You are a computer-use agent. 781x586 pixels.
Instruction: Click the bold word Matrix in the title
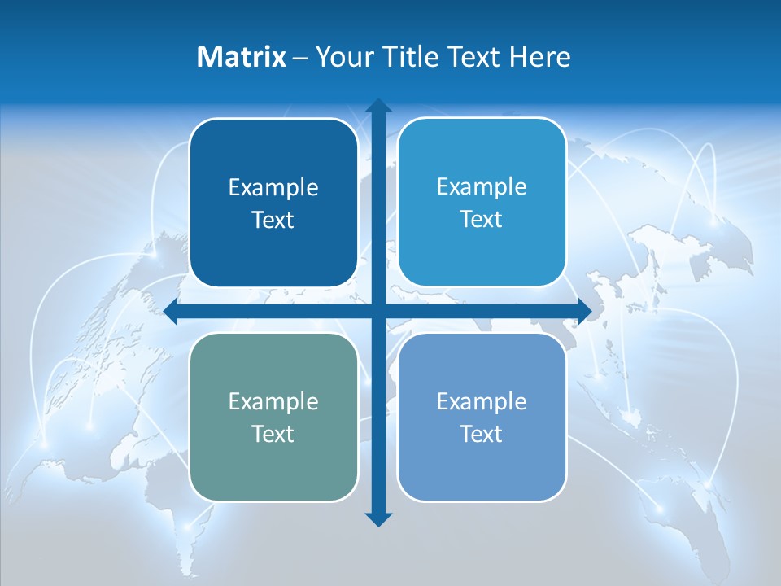(x=242, y=57)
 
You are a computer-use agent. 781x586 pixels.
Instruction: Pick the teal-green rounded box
(x=273, y=464)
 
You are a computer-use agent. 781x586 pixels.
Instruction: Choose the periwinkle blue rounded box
(x=482, y=464)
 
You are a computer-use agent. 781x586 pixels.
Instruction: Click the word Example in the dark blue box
(x=273, y=188)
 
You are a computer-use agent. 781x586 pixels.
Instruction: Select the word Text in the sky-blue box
(x=482, y=220)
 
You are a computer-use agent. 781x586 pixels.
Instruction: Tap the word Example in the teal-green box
(x=273, y=402)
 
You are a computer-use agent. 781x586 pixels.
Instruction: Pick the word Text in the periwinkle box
(x=482, y=434)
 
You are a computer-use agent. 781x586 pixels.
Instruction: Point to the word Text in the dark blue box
(x=273, y=221)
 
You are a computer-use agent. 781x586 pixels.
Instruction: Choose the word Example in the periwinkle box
(x=482, y=401)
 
